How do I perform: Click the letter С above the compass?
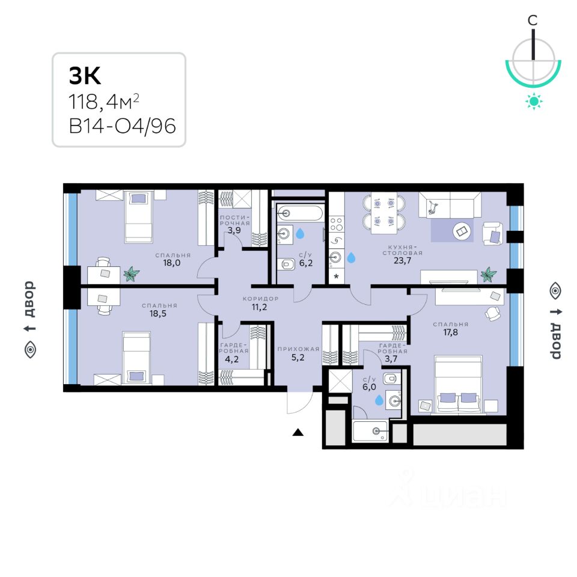click(533, 20)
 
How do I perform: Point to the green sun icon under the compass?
click(533, 101)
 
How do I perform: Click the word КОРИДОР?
click(260, 299)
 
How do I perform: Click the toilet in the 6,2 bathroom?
click(287, 264)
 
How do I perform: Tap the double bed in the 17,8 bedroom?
click(459, 385)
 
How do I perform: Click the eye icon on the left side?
click(29, 349)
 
